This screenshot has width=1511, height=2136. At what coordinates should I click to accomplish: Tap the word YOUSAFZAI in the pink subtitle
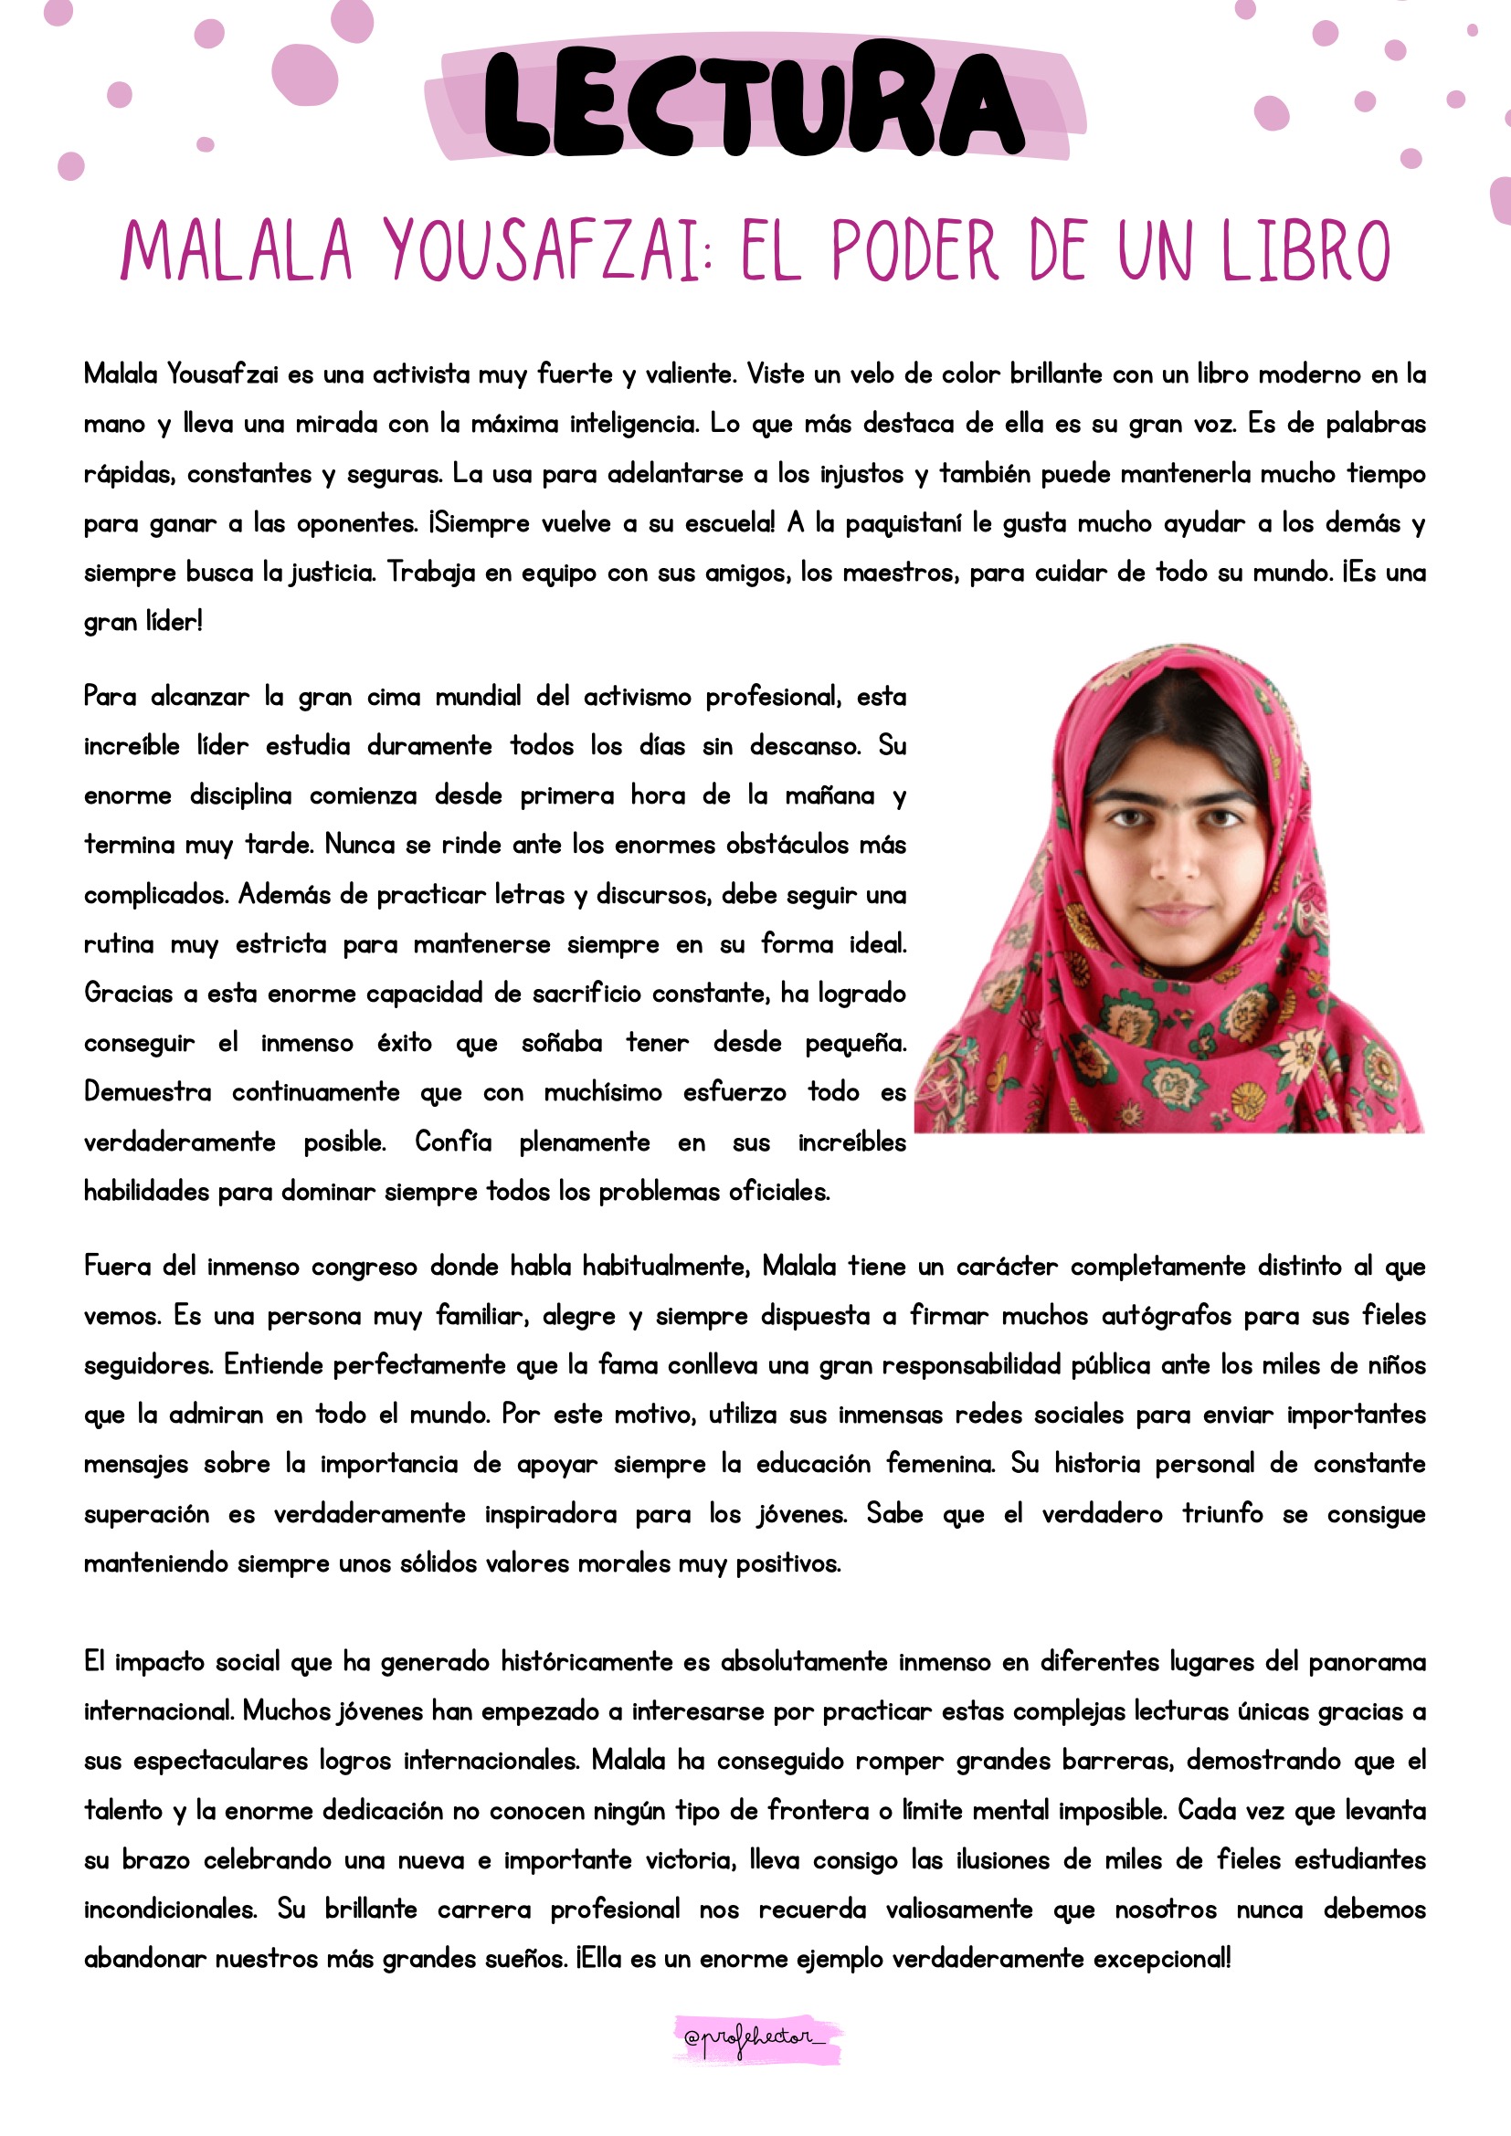[545, 251]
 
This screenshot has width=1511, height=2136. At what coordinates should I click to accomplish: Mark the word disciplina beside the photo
[240, 796]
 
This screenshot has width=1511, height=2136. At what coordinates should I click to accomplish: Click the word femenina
[940, 1464]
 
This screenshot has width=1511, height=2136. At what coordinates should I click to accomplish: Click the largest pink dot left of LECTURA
[304, 74]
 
